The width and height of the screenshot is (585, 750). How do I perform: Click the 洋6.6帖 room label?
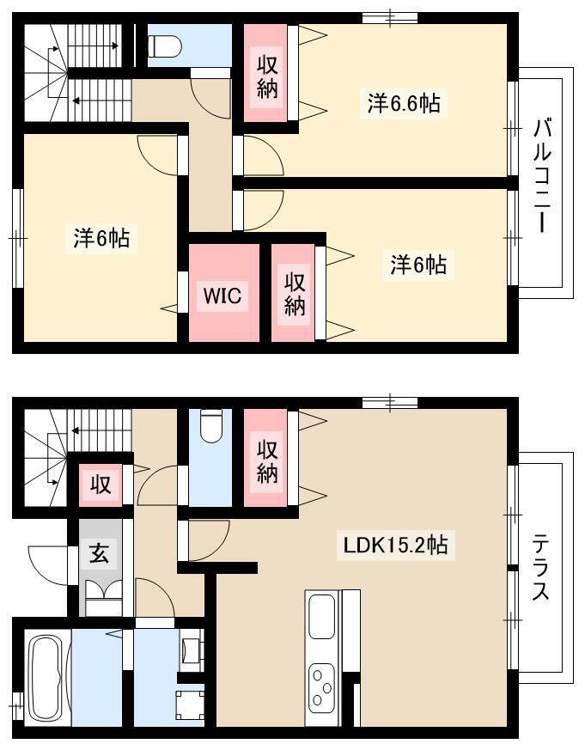click(x=404, y=103)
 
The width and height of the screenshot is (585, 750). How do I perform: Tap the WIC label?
click(x=222, y=296)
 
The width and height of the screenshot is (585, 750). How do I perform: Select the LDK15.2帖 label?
click(x=395, y=545)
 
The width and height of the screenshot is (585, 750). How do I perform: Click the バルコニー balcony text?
click(x=542, y=176)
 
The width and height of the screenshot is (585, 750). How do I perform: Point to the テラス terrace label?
click(x=541, y=567)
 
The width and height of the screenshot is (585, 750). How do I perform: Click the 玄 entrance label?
click(x=100, y=553)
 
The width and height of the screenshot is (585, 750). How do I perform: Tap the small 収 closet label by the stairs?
click(x=101, y=485)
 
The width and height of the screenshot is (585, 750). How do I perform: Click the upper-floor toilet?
click(x=165, y=46)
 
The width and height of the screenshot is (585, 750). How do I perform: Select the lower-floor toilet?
click(x=211, y=427)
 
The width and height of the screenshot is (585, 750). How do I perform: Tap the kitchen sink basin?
click(x=321, y=616)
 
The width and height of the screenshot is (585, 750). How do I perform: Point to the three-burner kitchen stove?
click(x=321, y=687)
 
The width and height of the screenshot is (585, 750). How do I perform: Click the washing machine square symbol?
click(x=190, y=704)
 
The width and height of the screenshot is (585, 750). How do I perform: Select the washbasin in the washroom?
click(x=192, y=649)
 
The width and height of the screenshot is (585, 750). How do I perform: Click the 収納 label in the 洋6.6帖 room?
click(x=267, y=76)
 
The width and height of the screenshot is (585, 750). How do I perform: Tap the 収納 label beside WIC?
click(x=295, y=294)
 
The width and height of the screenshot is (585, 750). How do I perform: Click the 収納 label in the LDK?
click(x=267, y=461)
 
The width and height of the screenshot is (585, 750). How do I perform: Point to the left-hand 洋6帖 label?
click(x=101, y=238)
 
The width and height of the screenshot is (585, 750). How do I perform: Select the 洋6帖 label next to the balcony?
click(x=418, y=265)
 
